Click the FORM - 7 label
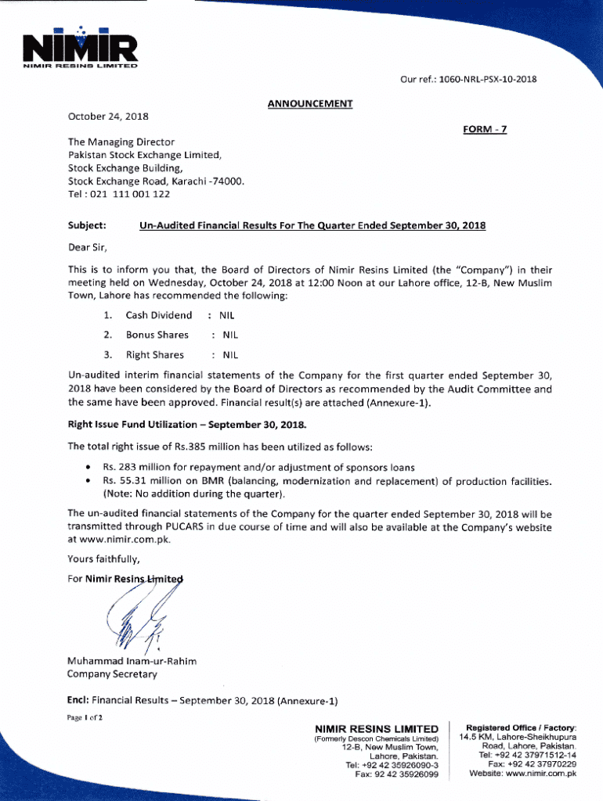tap(486, 130)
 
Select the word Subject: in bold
tap(87, 226)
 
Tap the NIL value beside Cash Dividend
tap(226, 315)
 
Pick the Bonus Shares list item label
tap(157, 335)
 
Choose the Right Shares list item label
tap(155, 354)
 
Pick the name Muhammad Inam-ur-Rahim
tap(132, 661)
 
